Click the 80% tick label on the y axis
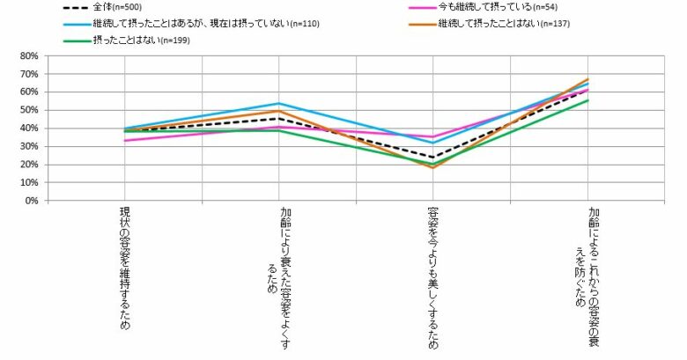coord(24,55)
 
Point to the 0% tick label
coord(26,201)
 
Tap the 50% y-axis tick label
coord(24,110)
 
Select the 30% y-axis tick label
coord(24,146)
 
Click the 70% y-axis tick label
coord(24,74)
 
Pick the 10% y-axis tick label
coord(24,182)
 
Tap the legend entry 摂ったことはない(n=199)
coord(142,40)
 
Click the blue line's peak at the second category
coord(278,103)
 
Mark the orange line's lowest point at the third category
coord(432,167)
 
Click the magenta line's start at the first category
coord(125,141)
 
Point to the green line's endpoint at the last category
coord(587,99)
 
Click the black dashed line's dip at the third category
coord(432,158)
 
